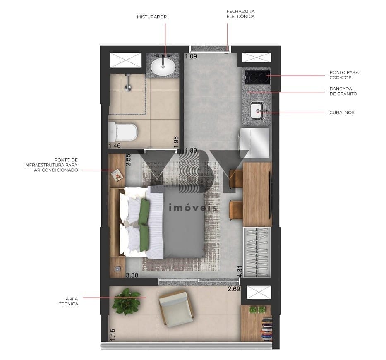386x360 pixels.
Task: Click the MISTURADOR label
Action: coord(152,17)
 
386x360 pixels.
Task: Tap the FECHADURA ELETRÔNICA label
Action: coord(240,14)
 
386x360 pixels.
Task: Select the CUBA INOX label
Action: coord(342,113)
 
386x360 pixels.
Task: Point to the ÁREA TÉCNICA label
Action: coord(69,301)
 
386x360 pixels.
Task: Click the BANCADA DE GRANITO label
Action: coord(343,91)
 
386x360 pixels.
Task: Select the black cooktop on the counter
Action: coord(257,77)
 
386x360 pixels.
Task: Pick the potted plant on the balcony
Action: coord(127,302)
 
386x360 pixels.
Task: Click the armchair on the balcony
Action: coord(176,309)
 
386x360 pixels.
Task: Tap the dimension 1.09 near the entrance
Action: coord(191,56)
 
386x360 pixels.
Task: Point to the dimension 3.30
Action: coord(132,275)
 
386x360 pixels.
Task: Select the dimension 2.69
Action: coord(234,289)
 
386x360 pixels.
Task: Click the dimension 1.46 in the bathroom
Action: coord(115,146)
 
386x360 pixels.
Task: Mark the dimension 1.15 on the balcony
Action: coord(113,335)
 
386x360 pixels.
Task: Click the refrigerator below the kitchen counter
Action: coord(254,143)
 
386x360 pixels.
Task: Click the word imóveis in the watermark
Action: coord(193,208)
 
